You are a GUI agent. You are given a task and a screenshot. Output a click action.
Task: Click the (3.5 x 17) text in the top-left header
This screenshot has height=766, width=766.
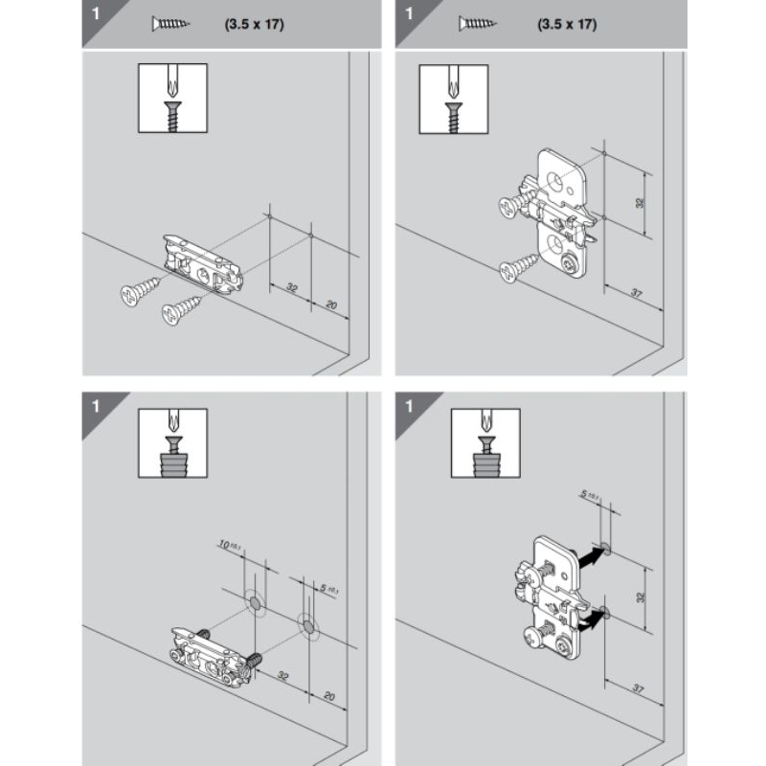point(254,24)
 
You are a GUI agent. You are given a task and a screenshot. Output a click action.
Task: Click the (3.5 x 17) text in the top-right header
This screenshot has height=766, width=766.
point(567,24)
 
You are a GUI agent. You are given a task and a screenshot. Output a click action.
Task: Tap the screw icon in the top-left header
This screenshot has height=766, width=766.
point(171,23)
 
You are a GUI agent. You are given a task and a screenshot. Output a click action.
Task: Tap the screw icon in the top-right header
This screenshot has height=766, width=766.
point(477,23)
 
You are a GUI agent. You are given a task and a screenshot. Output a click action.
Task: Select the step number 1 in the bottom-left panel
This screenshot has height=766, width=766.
point(96,406)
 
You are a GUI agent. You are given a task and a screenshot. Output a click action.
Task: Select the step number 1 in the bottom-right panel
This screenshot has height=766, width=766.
point(409,406)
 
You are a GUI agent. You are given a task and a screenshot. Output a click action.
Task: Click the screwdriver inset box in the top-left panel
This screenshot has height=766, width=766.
point(173,98)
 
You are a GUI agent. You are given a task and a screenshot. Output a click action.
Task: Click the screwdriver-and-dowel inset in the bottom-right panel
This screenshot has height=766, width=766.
point(485,443)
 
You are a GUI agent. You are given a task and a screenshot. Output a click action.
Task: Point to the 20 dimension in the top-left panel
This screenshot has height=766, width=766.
point(331,305)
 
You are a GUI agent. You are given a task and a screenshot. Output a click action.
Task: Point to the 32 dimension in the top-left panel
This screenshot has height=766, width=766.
point(292,287)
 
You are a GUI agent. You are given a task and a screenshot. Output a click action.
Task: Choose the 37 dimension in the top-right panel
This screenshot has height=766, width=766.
point(636,293)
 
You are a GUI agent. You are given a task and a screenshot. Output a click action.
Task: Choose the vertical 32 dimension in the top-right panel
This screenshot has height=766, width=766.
point(640,202)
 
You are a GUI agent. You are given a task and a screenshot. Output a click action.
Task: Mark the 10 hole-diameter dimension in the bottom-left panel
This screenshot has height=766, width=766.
point(230,545)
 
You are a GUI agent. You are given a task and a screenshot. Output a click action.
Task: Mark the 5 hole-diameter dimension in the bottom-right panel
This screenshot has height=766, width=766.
point(590,494)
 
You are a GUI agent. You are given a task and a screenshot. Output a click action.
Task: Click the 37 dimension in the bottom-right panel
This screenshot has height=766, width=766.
point(638,688)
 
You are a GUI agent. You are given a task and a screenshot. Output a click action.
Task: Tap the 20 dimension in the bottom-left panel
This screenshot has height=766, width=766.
point(329,696)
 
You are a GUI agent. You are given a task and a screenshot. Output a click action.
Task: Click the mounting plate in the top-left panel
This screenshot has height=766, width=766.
point(203,264)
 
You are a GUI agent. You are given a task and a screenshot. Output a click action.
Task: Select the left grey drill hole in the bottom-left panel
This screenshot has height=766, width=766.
point(255,604)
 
